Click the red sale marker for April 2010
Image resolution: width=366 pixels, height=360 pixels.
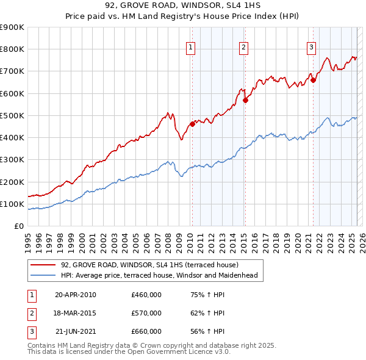(192, 124)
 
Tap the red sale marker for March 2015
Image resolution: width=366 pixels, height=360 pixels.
(245, 101)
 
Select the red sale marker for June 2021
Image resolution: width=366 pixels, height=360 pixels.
(313, 79)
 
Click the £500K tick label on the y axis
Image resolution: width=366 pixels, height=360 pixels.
(12, 115)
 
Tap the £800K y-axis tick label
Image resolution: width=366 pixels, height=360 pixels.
(12, 49)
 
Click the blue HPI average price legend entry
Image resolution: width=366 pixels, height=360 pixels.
(159, 275)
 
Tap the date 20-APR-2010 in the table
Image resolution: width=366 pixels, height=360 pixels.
(76, 295)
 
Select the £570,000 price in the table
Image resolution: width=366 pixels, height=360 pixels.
(146, 313)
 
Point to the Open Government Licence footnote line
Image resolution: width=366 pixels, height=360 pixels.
(121, 352)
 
